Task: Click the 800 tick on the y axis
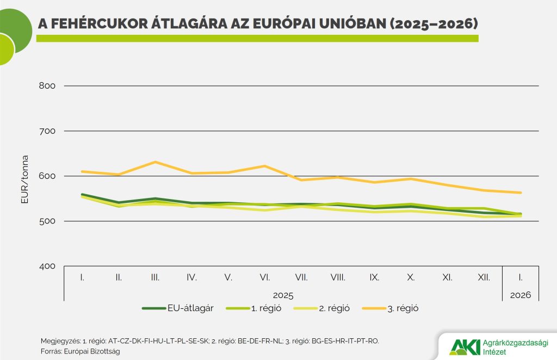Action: point(48,86)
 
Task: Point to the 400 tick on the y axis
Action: point(48,266)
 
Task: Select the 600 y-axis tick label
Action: point(48,176)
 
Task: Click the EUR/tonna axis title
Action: point(24,179)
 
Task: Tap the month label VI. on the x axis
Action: point(265,277)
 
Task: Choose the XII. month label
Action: point(484,277)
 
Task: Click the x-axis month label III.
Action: point(155,277)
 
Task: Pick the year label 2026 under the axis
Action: point(521,295)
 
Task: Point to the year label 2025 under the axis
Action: point(283,295)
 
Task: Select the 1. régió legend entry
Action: point(266,308)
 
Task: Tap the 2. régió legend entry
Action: point(335,308)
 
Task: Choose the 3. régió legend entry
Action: point(403,308)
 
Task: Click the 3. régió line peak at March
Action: point(155,162)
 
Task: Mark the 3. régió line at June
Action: point(265,166)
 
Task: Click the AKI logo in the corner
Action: point(465,346)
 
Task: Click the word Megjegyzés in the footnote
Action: point(60,341)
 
